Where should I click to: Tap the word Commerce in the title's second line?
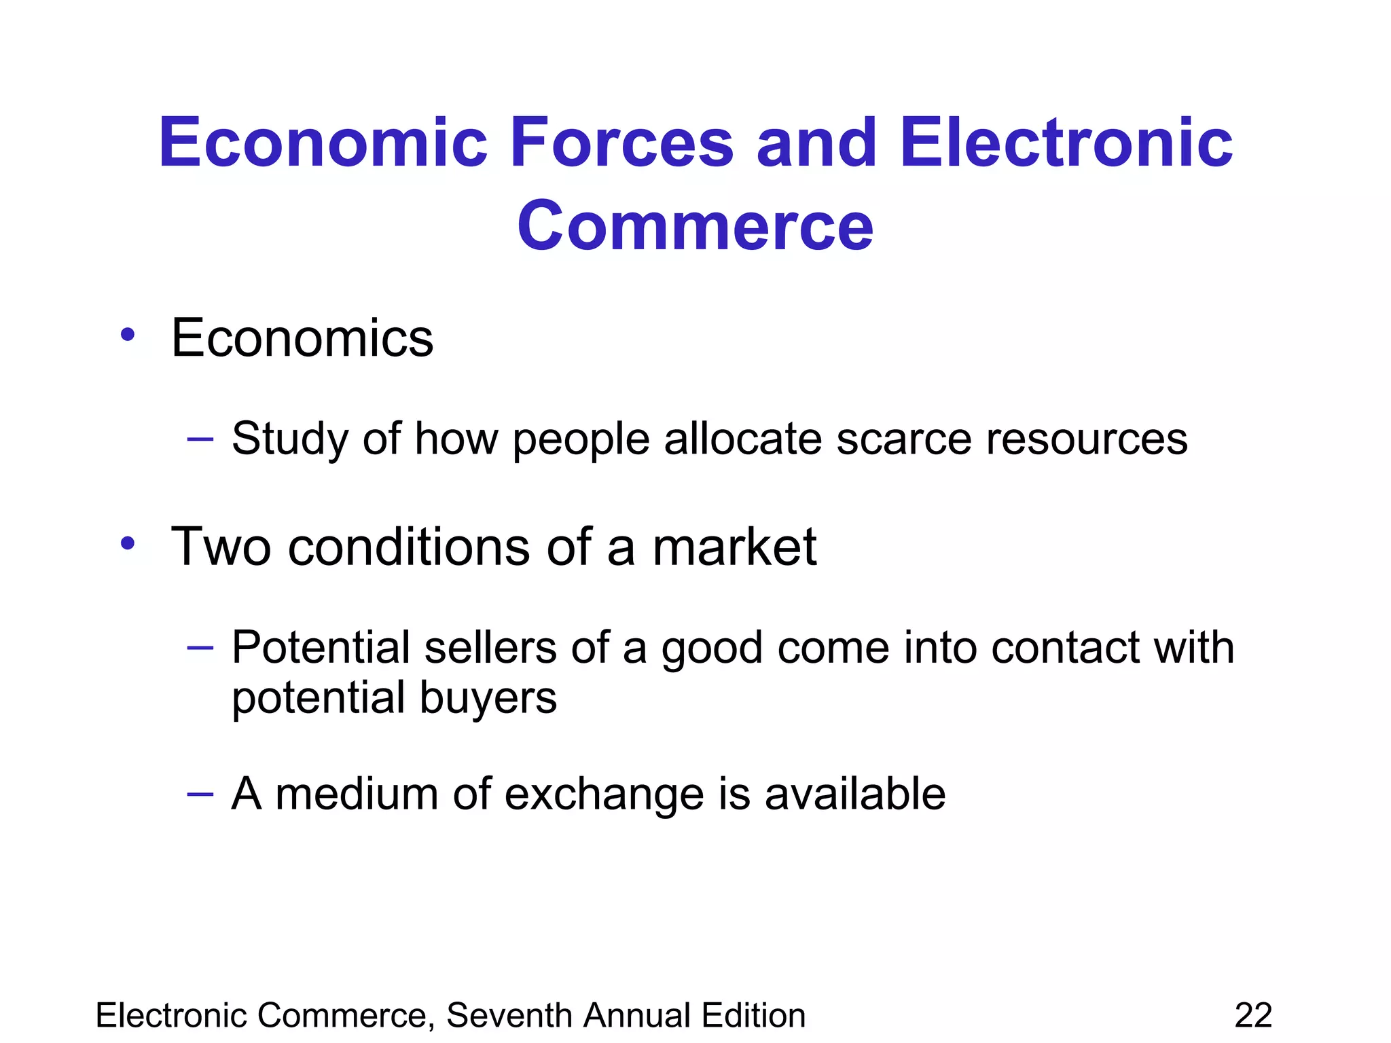(x=695, y=225)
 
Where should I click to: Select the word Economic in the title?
(x=323, y=143)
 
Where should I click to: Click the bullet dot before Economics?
(x=128, y=335)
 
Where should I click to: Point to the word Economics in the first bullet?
(x=302, y=338)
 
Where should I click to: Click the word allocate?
(x=743, y=439)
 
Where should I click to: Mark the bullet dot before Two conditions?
(x=128, y=543)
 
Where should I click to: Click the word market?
(x=734, y=547)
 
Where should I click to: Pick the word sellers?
(x=490, y=647)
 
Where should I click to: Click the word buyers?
(x=488, y=698)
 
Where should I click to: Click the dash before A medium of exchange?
(x=200, y=794)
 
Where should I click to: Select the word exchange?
(x=604, y=794)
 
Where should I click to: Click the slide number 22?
(x=1253, y=1016)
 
